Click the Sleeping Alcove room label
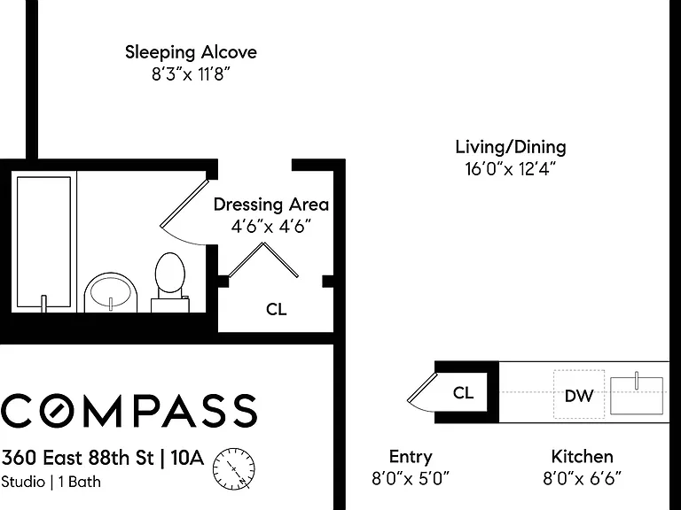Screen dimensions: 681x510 tap(191, 52)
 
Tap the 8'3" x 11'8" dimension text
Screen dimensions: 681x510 tap(191, 74)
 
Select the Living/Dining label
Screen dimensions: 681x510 tap(511, 147)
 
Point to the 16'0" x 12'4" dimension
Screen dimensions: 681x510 tap(510, 169)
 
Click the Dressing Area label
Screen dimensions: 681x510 tap(271, 205)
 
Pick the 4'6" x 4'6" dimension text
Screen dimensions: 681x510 tap(271, 227)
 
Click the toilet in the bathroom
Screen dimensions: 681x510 tap(170, 282)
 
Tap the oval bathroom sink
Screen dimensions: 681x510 tap(110, 292)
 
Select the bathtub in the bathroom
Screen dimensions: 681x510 tap(43, 242)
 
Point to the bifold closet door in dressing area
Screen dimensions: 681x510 tap(263, 259)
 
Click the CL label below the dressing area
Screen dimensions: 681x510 tap(277, 310)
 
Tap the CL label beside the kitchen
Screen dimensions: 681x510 tap(463, 393)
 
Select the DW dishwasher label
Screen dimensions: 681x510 tap(579, 396)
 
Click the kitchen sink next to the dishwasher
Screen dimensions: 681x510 tap(637, 395)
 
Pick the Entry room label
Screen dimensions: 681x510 tap(411, 457)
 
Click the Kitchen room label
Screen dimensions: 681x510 tap(582, 457)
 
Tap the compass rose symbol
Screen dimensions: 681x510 tap(234, 469)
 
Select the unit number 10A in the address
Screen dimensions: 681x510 tap(187, 458)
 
